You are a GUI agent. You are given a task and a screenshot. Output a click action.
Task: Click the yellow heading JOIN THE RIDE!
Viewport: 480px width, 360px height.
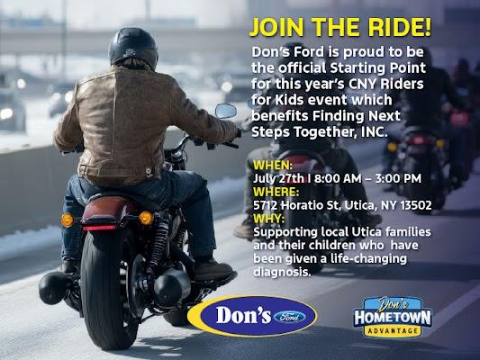340,27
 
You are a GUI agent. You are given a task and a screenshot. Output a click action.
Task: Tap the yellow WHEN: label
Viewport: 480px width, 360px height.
273,166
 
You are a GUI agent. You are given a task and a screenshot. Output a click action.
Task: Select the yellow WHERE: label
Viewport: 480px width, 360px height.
276,192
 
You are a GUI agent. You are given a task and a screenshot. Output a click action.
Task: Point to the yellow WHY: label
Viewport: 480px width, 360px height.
268,219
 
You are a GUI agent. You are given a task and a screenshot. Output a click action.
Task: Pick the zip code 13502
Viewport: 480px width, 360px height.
416,205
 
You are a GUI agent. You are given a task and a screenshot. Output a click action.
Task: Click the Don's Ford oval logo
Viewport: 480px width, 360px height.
252,316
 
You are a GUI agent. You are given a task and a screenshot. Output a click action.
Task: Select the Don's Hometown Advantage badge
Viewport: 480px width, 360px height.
393,317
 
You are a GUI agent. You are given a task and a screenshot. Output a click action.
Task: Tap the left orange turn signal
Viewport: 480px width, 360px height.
67,220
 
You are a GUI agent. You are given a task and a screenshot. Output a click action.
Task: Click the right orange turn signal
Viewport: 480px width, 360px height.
146,218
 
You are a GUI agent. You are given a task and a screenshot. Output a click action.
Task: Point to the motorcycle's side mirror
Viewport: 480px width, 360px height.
226,111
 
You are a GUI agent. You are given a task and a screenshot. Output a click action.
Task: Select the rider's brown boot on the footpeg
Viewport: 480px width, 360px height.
213,269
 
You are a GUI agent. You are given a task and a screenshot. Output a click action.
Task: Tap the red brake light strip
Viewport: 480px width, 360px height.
99,228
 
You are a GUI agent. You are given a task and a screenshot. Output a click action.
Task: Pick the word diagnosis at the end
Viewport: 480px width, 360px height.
282,272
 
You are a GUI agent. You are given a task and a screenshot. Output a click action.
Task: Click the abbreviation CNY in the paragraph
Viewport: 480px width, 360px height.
360,84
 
